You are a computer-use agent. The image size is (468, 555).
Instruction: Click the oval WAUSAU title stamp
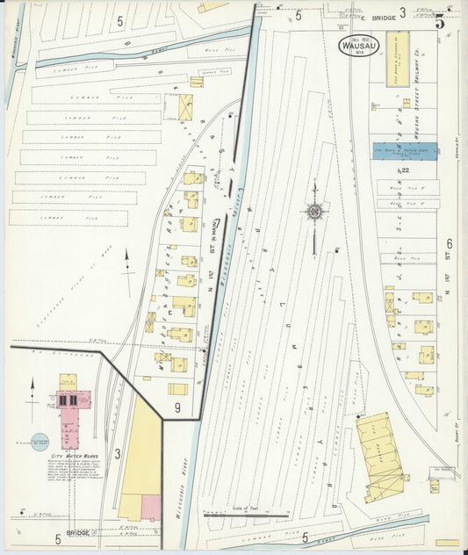(358, 45)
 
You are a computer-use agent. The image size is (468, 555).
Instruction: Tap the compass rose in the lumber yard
(313, 211)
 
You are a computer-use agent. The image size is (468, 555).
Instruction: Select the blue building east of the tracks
(405, 151)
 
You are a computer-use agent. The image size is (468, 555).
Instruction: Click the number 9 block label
(176, 407)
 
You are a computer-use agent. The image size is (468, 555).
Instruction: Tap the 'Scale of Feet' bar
(247, 513)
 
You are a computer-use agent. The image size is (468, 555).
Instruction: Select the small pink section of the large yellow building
(150, 506)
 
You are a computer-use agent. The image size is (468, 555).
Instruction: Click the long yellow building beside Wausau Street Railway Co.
(398, 60)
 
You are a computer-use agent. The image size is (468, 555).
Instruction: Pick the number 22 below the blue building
(404, 169)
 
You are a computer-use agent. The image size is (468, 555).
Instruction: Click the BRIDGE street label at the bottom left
(80, 532)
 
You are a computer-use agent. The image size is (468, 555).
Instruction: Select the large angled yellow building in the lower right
(382, 456)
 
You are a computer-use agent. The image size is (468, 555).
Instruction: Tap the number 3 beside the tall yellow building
(117, 453)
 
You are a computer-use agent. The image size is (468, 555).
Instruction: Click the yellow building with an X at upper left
(185, 107)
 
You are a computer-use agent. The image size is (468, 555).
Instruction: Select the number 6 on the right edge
(448, 243)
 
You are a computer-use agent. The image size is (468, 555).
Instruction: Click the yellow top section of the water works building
(68, 381)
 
